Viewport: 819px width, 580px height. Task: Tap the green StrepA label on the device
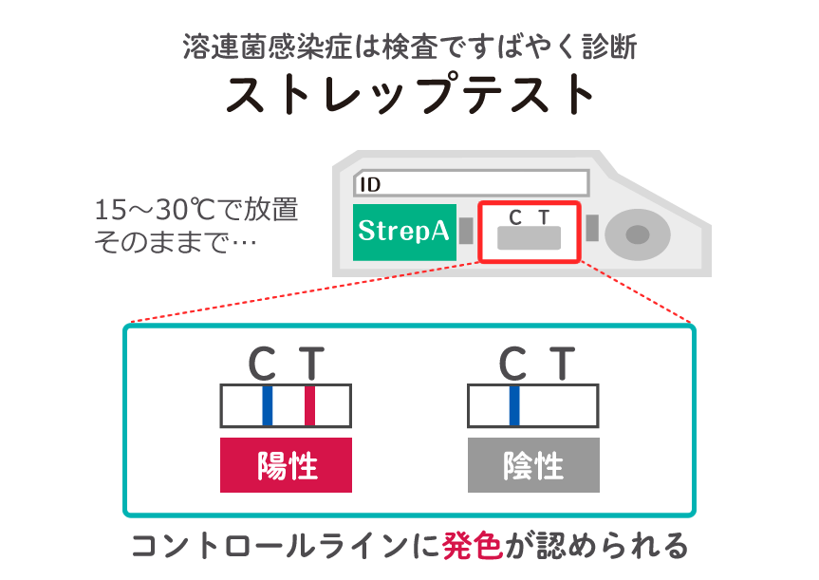403,231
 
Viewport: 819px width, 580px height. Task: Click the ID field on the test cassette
471,184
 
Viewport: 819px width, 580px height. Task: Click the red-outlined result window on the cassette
529,232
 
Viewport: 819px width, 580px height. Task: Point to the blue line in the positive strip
268,405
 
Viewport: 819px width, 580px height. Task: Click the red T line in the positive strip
309,405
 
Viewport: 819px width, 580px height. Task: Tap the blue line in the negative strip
514,405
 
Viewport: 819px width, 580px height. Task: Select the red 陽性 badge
286,466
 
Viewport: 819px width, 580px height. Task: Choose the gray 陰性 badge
533,466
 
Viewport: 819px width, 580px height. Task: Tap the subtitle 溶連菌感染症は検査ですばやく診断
409,46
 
